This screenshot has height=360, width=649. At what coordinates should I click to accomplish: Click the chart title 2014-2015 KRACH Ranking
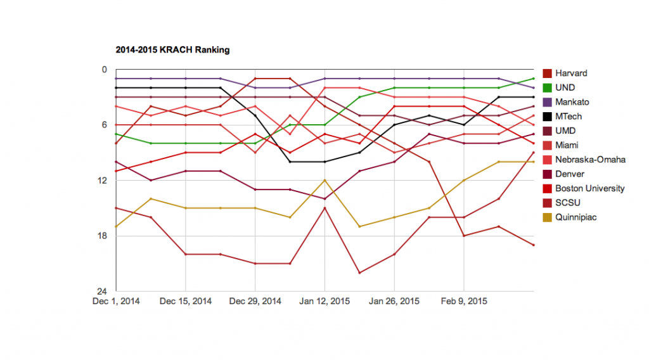coord(172,49)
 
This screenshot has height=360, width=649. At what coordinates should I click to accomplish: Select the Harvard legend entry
coord(571,73)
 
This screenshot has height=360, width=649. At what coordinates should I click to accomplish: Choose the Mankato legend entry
coord(572,101)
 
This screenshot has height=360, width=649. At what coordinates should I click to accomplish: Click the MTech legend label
coord(569,116)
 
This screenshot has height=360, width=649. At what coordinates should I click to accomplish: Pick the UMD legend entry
coord(565,131)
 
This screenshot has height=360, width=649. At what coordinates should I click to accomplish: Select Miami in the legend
coord(567,145)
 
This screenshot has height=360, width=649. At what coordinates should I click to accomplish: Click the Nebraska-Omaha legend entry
coord(590,159)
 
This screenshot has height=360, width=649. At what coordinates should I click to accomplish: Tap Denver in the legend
coord(570,174)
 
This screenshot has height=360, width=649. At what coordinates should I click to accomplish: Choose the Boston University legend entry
coord(589,188)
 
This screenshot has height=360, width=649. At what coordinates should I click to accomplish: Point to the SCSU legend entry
coord(567,203)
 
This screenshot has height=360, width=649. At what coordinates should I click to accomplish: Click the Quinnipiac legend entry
coord(575,217)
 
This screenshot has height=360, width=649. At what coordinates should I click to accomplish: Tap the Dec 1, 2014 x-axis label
coord(116,302)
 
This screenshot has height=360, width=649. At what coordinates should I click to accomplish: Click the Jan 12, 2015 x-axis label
coord(324,302)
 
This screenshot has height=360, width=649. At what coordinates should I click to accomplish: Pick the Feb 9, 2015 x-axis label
coord(463,302)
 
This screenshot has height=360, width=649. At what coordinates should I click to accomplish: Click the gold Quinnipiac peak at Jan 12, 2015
coord(324,180)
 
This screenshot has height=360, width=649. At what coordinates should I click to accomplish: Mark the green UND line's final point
coord(533,79)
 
